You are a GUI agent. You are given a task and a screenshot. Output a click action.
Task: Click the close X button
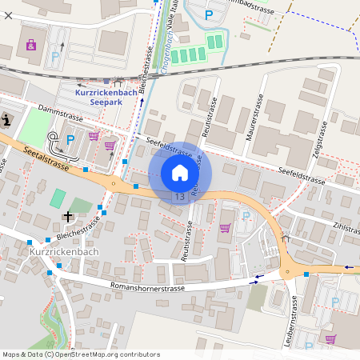tap(8, 15)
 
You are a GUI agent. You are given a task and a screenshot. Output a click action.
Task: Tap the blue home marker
tap(180, 173)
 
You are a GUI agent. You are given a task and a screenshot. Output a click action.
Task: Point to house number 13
tap(178, 196)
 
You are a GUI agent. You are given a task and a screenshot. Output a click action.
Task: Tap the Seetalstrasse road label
tap(46, 155)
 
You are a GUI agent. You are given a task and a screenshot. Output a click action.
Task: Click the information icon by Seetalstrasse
tap(6, 120)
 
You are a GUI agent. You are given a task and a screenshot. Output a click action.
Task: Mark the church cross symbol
tap(68, 217)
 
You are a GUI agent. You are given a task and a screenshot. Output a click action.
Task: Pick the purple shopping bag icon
tap(31, 45)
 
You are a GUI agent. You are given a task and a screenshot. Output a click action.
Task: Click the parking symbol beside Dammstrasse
tap(70, 140)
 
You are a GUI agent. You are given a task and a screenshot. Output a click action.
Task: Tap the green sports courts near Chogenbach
tap(189, 54)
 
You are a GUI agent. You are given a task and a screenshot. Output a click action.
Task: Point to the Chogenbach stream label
tap(168, 48)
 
